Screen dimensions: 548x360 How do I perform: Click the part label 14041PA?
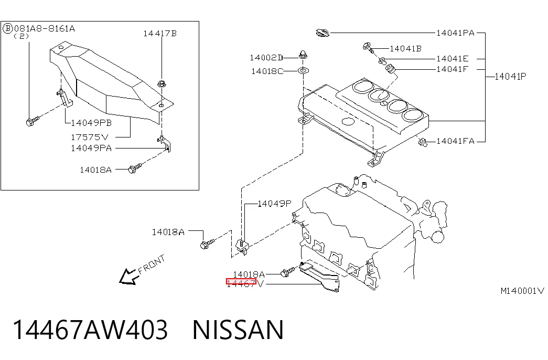[455, 33]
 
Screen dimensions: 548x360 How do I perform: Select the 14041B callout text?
[405, 49]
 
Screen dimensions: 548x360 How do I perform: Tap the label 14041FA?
[455, 141]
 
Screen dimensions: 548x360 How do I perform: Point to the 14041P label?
[510, 76]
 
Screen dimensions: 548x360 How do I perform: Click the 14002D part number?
[266, 57]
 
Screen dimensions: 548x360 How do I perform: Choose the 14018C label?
[267, 71]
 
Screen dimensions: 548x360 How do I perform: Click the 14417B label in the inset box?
[160, 34]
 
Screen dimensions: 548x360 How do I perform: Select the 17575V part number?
[90, 137]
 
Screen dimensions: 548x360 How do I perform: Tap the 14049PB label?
[91, 123]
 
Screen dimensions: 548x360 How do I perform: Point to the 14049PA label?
[91, 148]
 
